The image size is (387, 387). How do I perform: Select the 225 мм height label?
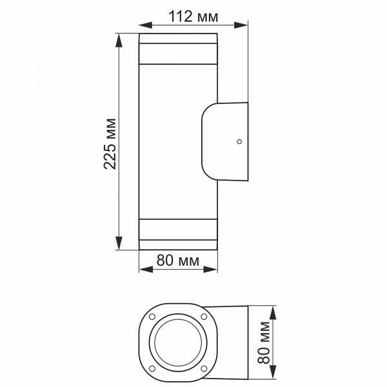(110, 143)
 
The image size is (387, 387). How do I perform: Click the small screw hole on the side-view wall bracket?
(239, 141)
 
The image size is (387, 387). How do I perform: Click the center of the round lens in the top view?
(179, 342)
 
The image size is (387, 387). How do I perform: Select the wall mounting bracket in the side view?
(226, 141)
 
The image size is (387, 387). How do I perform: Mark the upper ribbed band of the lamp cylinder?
(179, 54)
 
